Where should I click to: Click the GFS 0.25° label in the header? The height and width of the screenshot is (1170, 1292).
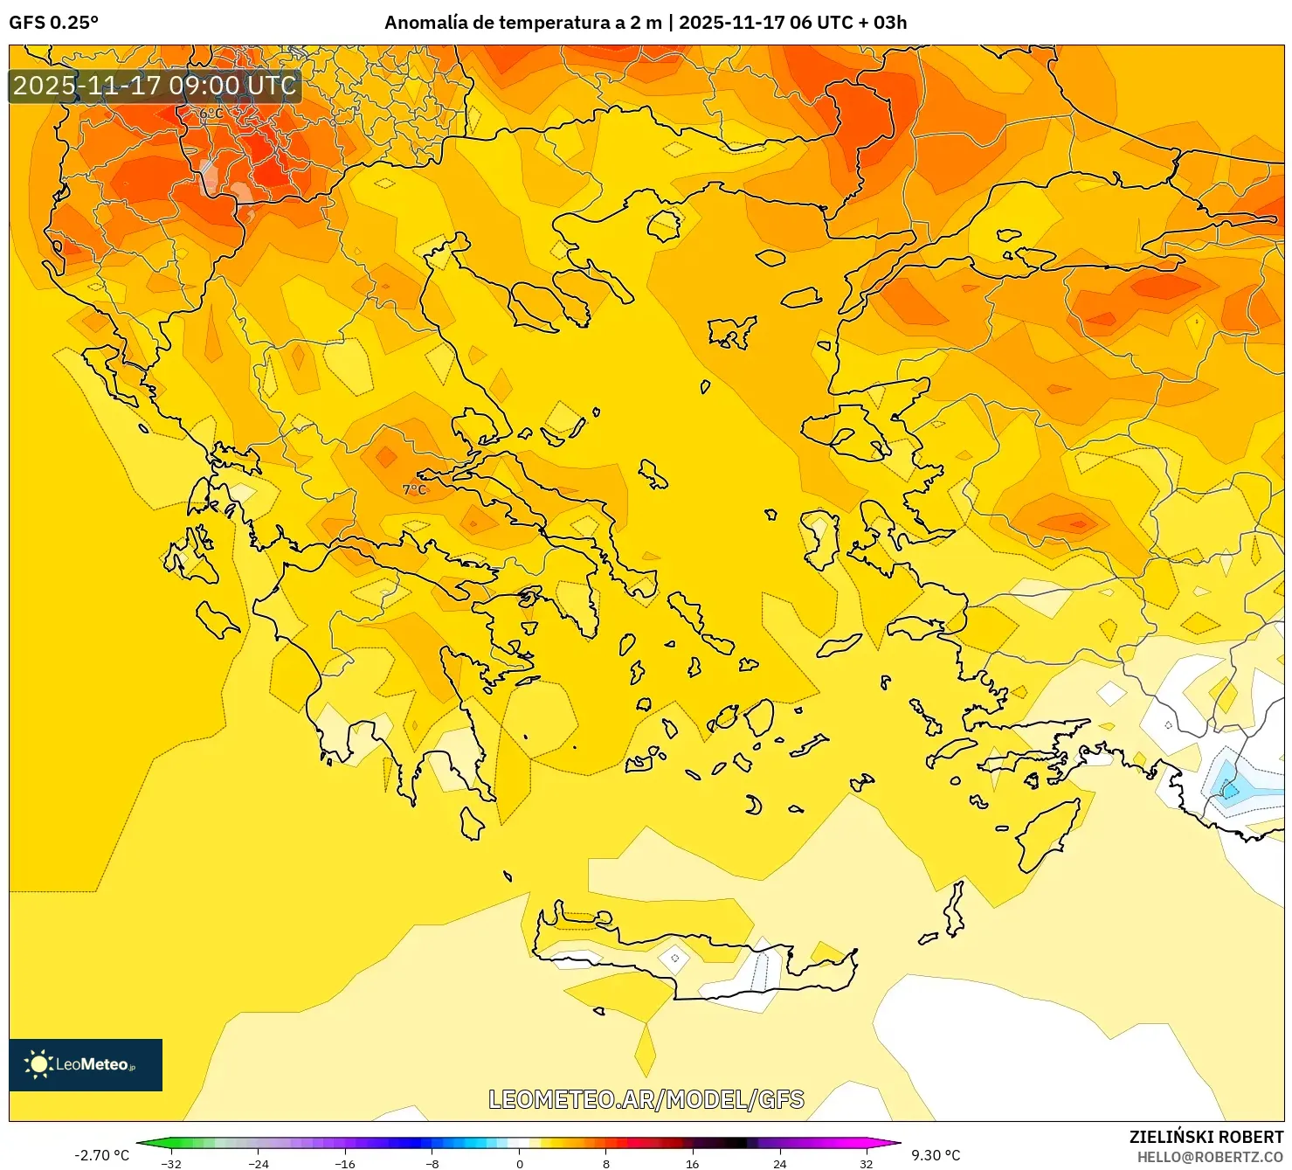53,23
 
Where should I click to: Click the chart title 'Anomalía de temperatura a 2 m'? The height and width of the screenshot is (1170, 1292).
522,23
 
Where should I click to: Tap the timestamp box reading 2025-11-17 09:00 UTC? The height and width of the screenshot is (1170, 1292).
155,86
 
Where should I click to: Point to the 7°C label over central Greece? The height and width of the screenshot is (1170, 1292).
414,489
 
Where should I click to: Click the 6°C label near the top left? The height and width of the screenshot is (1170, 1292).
211,114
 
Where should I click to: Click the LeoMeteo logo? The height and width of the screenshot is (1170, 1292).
86,1064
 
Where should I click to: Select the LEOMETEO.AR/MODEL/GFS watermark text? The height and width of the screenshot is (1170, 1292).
646,1099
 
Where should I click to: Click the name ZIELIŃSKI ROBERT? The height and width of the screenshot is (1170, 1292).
1206,1137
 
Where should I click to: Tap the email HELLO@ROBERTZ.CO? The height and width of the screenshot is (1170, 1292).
1209,1157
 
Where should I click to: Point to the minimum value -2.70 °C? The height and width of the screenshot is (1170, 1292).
101,1155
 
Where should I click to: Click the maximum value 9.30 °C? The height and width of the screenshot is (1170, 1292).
936,1155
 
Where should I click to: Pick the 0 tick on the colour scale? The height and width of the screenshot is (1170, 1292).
520,1163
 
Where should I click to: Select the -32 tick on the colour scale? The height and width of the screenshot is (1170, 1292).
171,1163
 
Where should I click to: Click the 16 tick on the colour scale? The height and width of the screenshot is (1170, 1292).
693,1163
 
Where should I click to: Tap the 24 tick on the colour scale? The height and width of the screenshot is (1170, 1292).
779,1163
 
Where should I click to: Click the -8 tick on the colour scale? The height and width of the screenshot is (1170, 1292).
432,1163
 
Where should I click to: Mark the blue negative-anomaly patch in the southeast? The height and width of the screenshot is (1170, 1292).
1230,788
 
